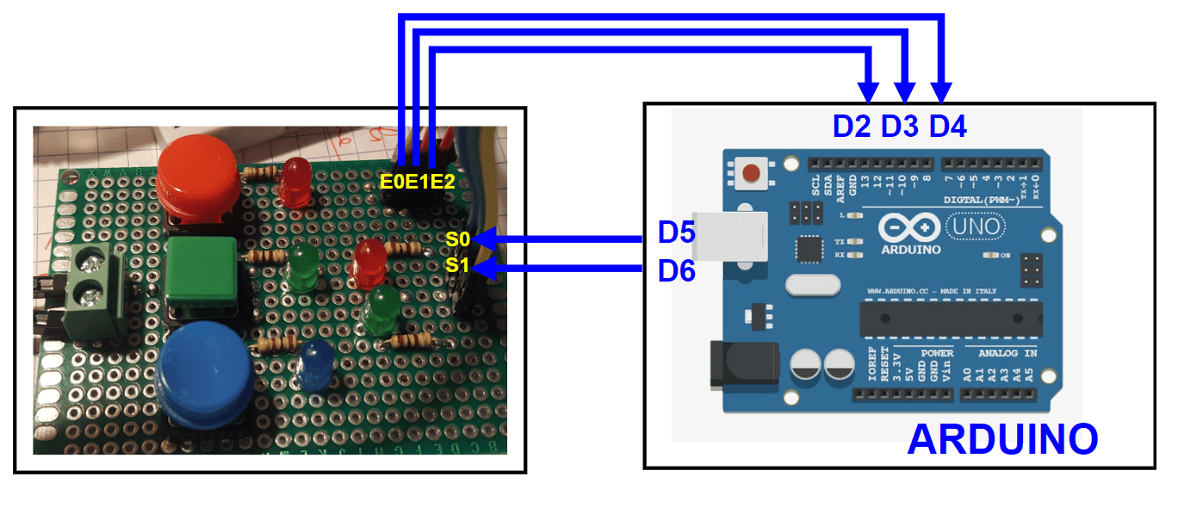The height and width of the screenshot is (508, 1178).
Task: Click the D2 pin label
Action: tap(852, 127)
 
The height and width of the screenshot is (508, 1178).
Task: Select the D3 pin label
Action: tap(900, 127)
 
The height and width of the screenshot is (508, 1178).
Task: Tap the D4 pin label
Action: tap(948, 127)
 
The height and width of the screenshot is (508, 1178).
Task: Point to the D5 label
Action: tap(677, 232)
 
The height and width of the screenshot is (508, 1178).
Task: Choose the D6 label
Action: tap(677, 270)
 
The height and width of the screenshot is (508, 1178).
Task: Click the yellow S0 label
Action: tap(457, 239)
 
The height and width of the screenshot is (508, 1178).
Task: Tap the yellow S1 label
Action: tap(457, 266)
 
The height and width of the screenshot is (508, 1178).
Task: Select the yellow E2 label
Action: tap(442, 181)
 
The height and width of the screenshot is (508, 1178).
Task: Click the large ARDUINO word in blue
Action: tap(1002, 439)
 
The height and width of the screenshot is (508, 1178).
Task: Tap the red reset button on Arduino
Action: tap(751, 173)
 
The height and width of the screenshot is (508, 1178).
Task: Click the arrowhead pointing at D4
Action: tap(941, 92)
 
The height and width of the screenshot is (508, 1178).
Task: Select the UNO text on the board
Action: tap(975, 226)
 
